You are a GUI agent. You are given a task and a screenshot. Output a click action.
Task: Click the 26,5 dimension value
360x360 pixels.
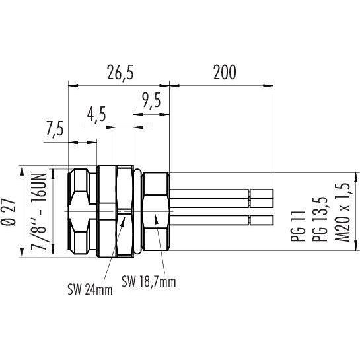point(120,72)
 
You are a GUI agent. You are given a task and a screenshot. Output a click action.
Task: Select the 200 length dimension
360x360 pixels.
point(225,72)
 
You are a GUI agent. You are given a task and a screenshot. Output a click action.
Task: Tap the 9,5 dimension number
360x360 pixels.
point(151,100)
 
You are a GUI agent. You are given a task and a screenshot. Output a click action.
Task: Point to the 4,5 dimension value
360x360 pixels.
point(96,114)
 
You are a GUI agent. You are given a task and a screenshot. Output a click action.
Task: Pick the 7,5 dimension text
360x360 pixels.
point(54,129)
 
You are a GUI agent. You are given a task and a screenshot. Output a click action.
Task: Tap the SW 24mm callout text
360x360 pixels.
point(90,290)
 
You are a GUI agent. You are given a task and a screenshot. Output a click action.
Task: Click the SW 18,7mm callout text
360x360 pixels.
point(149,281)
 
